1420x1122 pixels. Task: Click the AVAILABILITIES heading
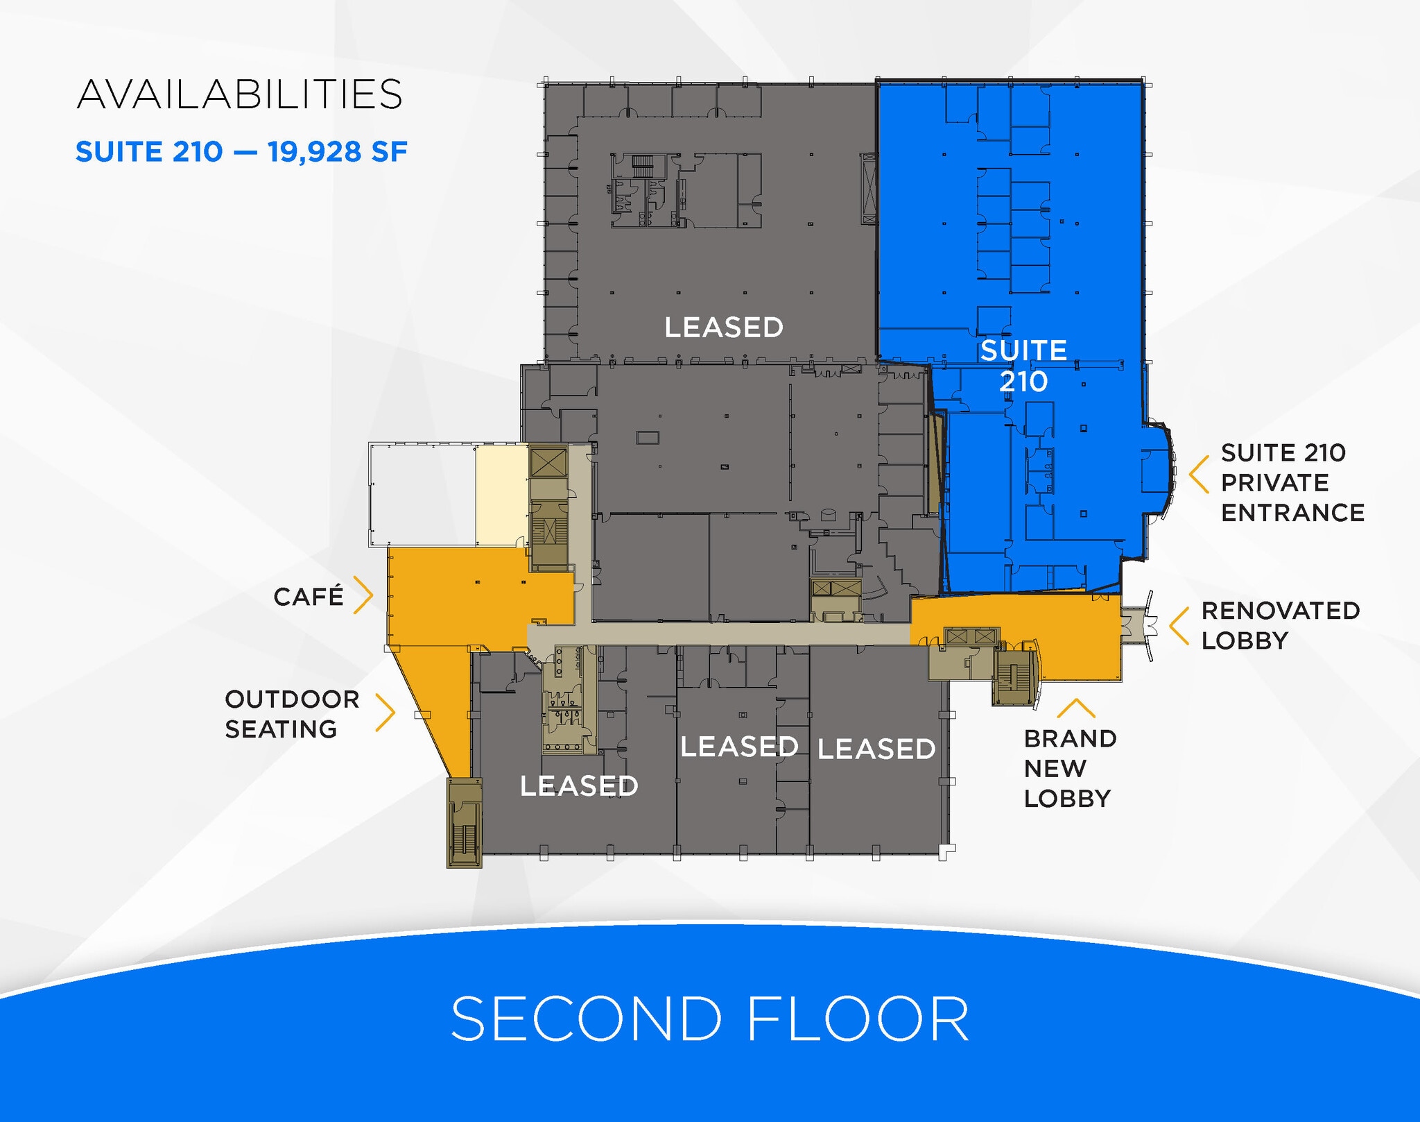(240, 94)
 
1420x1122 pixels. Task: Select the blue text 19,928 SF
(338, 152)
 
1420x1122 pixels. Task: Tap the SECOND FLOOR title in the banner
(710, 1019)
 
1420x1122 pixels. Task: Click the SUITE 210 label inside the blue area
(1023, 366)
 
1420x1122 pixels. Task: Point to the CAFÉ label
(309, 596)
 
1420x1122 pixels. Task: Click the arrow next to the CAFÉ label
(364, 595)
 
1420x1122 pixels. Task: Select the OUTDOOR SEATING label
(292, 714)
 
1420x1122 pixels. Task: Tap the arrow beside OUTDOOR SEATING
(386, 712)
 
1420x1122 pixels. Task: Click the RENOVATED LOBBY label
(1281, 625)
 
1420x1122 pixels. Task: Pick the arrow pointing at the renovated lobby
(1179, 626)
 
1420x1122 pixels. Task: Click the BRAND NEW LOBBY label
(1070, 768)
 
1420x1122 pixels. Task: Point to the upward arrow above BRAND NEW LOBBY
(1076, 708)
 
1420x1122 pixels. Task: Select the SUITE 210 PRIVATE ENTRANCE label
(1292, 483)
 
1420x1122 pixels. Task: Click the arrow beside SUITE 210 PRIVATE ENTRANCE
(1199, 474)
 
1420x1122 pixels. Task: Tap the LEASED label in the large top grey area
(724, 328)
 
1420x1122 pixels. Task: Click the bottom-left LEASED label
(579, 786)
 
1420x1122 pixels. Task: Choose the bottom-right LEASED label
(876, 749)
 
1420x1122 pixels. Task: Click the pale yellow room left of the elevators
(502, 495)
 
